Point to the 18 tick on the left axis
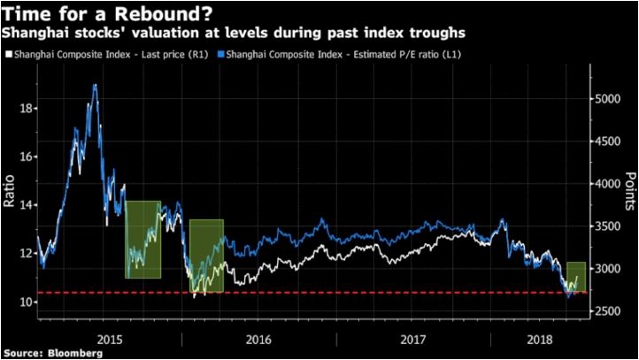[x=27, y=108]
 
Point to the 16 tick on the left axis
[x=27, y=157]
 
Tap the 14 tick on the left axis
[x=27, y=205]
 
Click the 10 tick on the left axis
[x=27, y=302]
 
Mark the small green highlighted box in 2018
[x=576, y=277]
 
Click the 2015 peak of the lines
[x=95, y=86]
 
